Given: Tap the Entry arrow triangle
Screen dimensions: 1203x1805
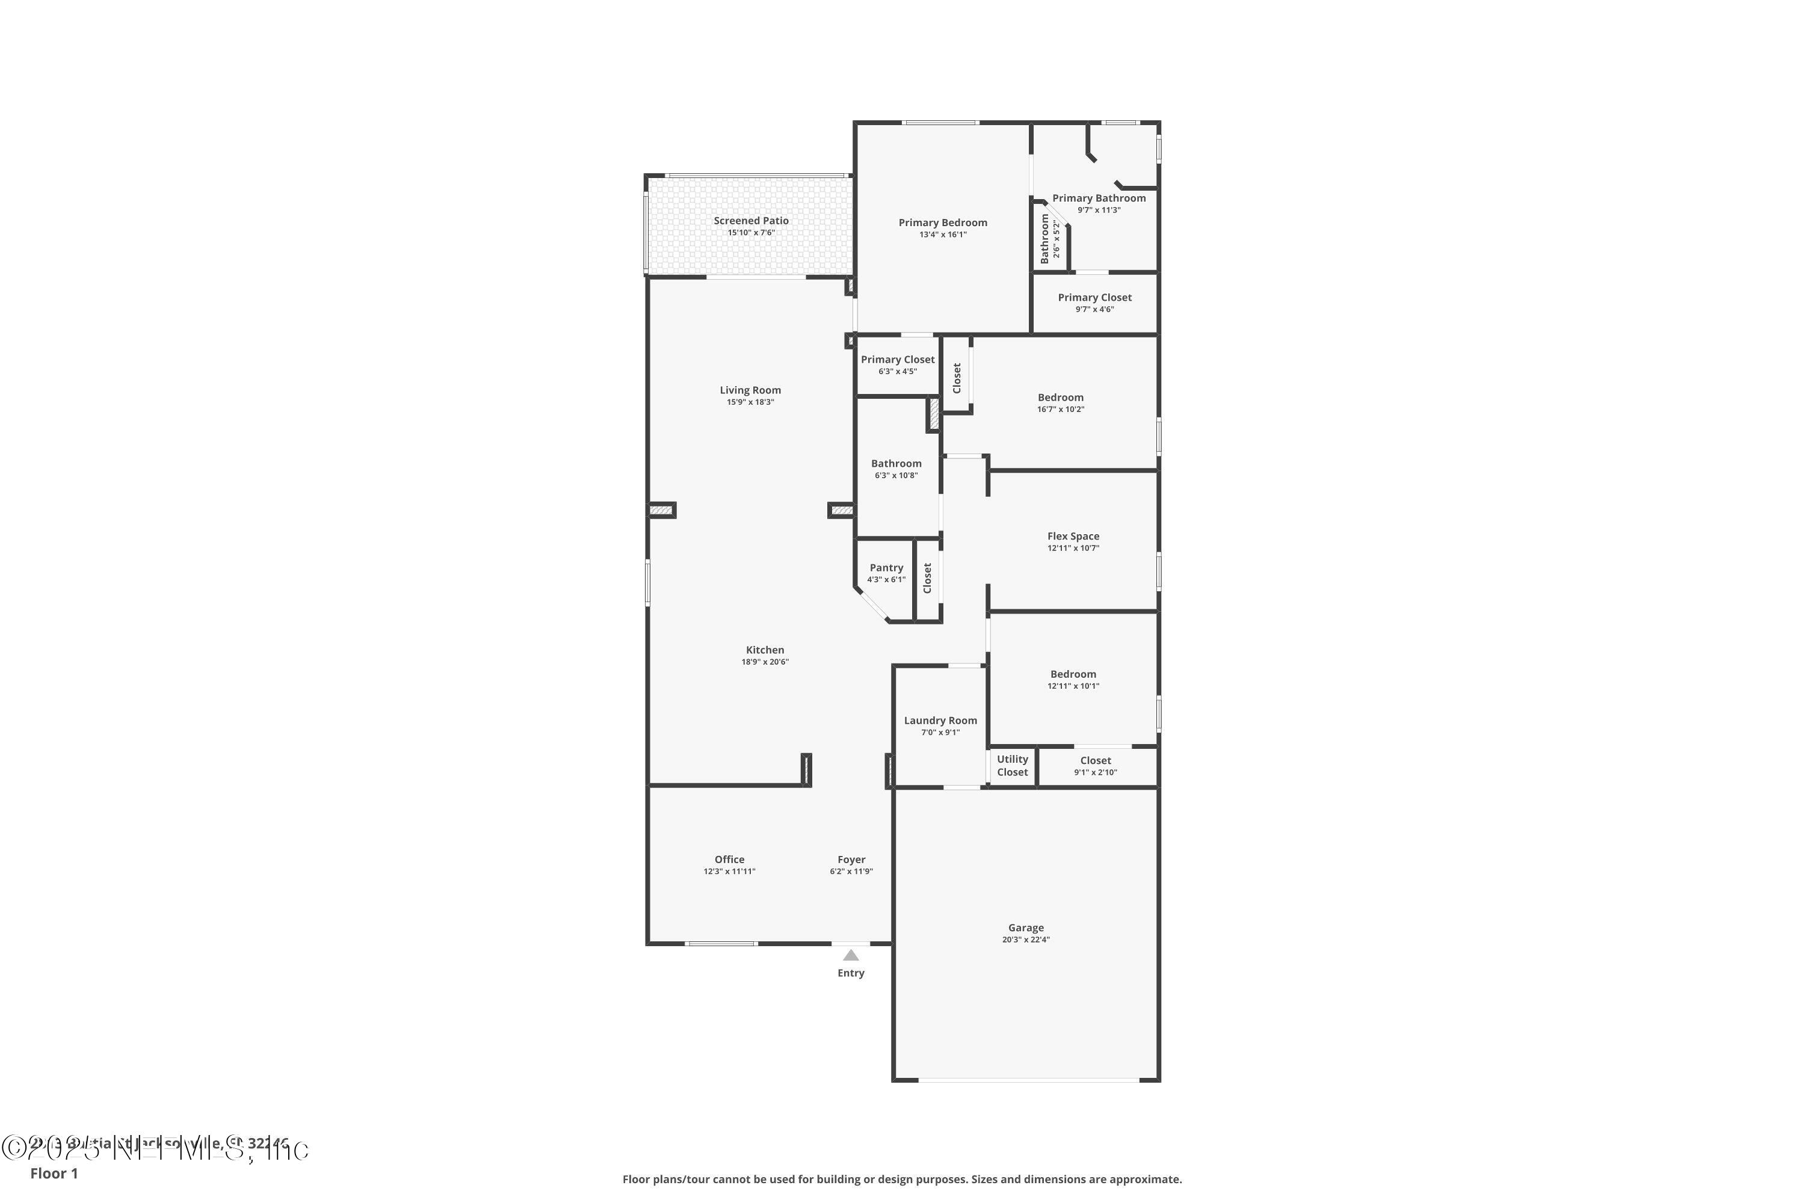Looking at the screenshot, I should click(850, 955).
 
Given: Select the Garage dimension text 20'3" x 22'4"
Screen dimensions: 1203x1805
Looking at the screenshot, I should click(1025, 940).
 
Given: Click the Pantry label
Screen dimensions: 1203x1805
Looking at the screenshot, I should click(886, 568).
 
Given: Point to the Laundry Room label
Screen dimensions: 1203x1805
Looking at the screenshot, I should click(940, 721).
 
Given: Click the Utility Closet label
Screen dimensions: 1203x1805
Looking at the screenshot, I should click(1012, 766).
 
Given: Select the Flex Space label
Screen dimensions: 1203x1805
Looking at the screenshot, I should click(1073, 537).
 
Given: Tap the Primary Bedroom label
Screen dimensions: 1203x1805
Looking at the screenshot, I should click(942, 223).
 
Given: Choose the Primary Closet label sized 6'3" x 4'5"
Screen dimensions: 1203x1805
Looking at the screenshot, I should click(897, 359).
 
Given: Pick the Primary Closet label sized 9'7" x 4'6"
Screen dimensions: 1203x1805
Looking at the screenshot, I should click(1094, 298).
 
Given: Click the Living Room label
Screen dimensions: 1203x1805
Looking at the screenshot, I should click(750, 390).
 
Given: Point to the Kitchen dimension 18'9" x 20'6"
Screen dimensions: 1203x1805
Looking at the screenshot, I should click(764, 662).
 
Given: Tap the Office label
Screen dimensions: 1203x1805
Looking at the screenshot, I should click(729, 860).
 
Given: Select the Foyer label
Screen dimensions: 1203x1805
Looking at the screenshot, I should click(851, 860).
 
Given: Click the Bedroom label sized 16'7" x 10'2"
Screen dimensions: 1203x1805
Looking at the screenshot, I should click(1061, 398).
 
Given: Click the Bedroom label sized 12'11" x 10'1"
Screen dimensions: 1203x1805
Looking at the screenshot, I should click(1073, 674).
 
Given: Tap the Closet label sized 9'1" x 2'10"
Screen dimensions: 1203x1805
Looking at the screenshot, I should click(1095, 760).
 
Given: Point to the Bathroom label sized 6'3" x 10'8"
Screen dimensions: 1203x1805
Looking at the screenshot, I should click(896, 463).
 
